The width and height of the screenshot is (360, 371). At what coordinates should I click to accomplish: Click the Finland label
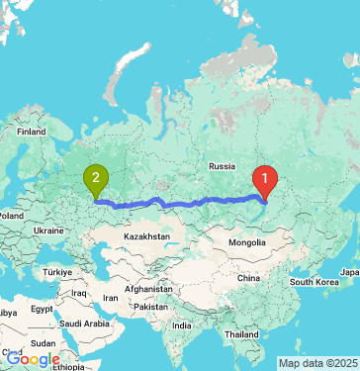(x=31, y=131)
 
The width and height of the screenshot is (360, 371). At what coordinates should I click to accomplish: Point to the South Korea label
(x=315, y=282)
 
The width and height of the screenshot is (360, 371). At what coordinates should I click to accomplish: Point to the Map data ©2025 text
(x=316, y=363)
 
